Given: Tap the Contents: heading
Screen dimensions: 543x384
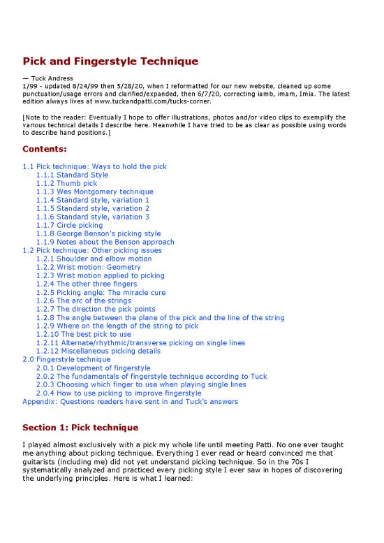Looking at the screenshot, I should coord(45,150).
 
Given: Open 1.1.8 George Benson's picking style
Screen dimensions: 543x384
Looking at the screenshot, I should coord(98,234).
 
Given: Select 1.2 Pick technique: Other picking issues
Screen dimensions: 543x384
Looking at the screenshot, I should coord(92,251).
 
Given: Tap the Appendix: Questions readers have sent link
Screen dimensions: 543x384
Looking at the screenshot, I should coord(130,402).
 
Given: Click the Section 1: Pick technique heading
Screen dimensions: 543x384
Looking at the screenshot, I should coord(80,428).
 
